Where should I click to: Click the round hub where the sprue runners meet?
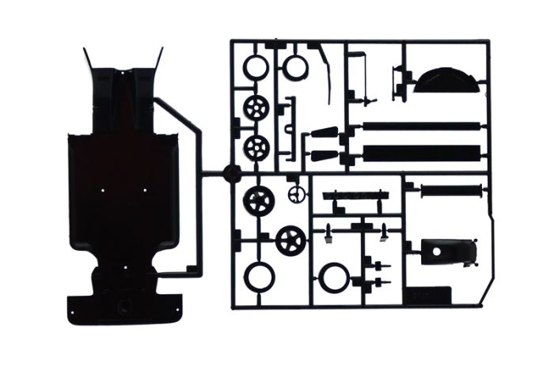coord(231,172)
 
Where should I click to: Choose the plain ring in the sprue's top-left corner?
coord(256,66)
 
